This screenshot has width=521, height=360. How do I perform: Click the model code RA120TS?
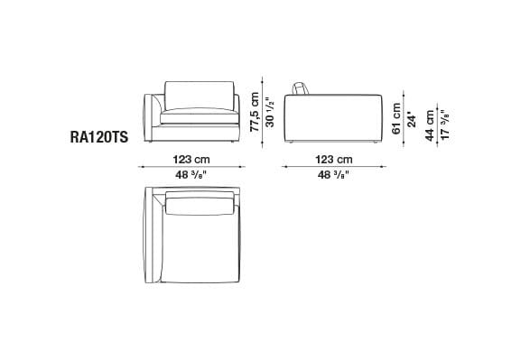tap(99, 137)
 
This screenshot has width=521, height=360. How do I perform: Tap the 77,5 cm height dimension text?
tap(255, 112)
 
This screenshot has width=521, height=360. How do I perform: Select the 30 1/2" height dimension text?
tap(270, 112)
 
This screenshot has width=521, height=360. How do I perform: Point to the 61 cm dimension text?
tap(396, 118)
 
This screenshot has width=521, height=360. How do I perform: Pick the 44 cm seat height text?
tap(430, 125)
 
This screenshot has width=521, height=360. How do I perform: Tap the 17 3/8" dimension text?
tap(445, 125)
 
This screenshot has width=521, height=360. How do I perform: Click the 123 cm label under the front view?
tap(191, 160)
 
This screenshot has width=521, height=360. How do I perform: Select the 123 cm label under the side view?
tap(333, 160)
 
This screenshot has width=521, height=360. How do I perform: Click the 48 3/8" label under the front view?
tap(191, 175)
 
